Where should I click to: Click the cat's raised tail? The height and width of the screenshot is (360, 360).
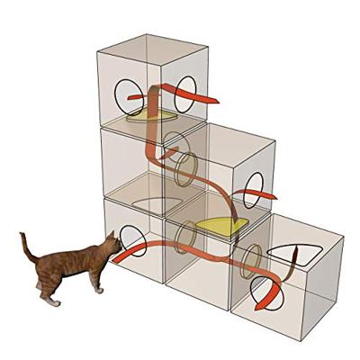[27, 245]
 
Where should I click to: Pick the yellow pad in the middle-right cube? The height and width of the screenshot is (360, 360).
[220, 226]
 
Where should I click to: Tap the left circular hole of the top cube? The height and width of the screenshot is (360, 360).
[125, 92]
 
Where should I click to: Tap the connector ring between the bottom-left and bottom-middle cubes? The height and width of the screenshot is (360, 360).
[185, 236]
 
